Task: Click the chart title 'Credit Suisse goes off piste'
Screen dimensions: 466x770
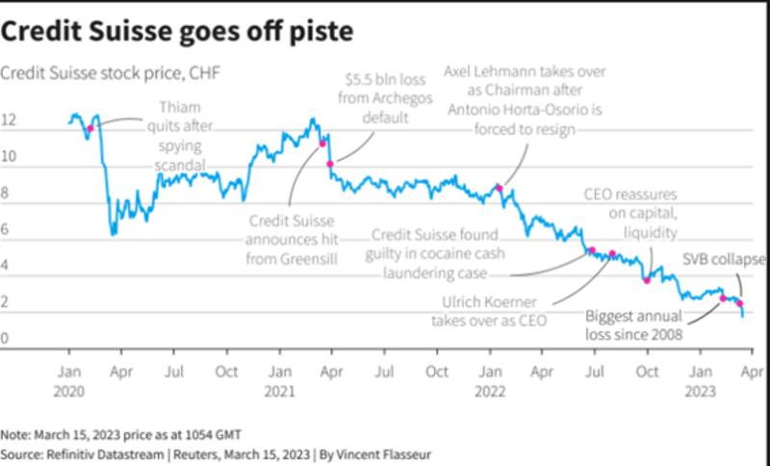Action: coord(177,31)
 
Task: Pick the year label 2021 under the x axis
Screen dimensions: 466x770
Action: coord(279,391)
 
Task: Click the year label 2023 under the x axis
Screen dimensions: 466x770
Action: coord(701,391)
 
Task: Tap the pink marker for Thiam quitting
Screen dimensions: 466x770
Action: coord(90,128)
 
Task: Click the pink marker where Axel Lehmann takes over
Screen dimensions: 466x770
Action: coord(499,188)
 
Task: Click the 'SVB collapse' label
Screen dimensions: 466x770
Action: coord(723,260)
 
